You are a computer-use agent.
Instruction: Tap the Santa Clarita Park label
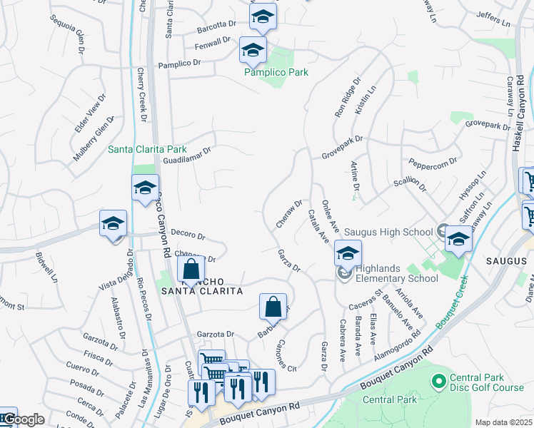point(146,150)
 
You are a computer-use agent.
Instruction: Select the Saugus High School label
point(388,232)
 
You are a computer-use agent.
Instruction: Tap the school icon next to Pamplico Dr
point(252,51)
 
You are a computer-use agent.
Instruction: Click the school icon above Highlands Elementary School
point(348,254)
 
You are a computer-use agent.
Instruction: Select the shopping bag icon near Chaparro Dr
point(191,270)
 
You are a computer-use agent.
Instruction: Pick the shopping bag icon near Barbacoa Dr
point(273,307)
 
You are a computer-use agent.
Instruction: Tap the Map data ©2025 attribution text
point(503,422)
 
